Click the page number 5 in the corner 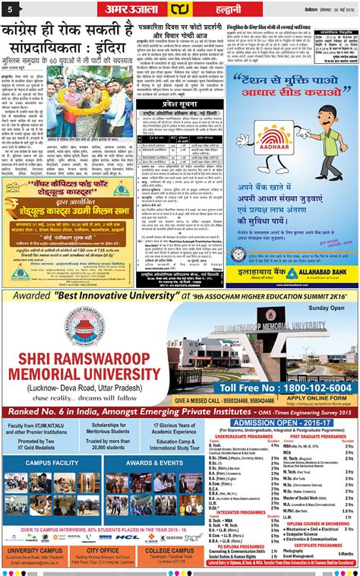10,8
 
